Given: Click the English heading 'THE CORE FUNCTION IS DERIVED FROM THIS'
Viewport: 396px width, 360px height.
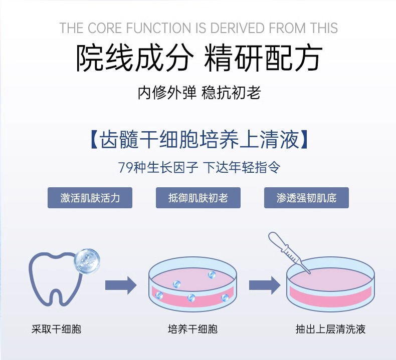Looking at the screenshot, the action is (199, 28).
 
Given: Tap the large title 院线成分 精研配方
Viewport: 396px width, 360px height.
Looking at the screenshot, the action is (199, 59).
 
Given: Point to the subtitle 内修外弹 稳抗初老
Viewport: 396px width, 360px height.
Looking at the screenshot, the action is (199, 93).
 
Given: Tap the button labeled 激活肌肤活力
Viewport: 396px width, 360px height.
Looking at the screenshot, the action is (90, 198).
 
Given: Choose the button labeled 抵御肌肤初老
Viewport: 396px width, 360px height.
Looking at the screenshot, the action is (198, 198).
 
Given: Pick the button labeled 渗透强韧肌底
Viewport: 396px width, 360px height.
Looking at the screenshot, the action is (306, 198).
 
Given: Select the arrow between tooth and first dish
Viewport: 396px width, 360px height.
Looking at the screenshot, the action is (121, 285).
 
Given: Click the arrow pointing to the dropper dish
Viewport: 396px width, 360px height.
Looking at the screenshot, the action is (264, 285).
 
